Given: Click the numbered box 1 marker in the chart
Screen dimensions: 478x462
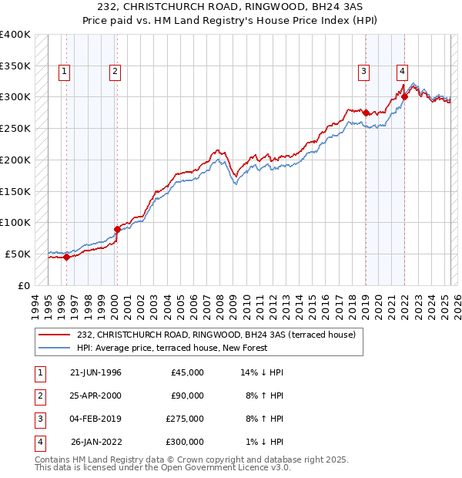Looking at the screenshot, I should (63, 72).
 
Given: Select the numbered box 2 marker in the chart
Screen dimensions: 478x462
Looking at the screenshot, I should (114, 72).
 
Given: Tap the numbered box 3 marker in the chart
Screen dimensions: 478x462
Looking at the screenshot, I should (363, 72).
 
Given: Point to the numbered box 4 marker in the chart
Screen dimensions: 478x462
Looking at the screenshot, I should (402, 72).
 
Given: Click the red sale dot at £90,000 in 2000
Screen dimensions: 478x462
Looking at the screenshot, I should (117, 229).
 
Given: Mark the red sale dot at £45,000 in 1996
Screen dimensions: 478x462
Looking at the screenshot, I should (66, 258).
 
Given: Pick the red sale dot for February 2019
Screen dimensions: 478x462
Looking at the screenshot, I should (366, 113).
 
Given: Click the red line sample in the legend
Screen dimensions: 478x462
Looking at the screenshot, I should (55, 335).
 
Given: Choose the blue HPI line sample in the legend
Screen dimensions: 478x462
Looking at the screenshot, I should (55, 348).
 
